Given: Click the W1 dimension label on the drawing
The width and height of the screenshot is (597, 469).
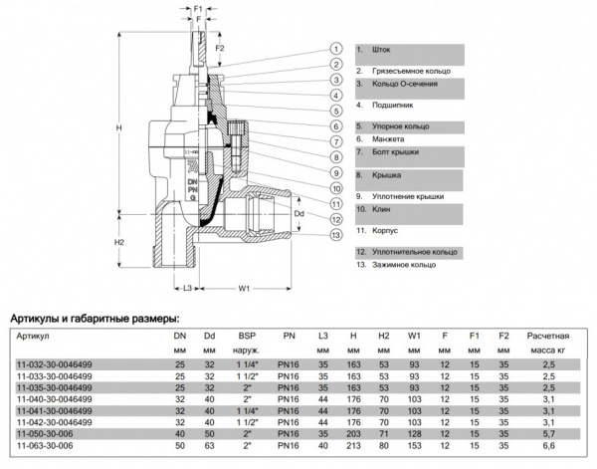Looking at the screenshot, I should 243,289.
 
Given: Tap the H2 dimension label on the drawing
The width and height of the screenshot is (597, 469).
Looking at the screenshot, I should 118,242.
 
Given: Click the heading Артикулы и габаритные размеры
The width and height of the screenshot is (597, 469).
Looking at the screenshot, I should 95,319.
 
